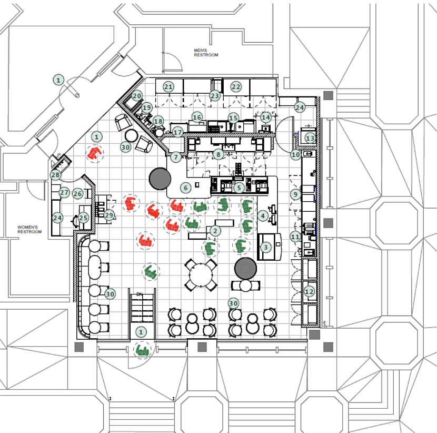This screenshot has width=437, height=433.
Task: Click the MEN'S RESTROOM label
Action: pyautogui.click(x=205, y=52)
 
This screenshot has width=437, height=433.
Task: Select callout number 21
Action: pyautogui.click(x=168, y=87)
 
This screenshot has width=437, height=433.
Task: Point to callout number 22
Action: pyautogui.click(x=236, y=87)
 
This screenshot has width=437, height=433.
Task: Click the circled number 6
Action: pyautogui.click(x=185, y=187)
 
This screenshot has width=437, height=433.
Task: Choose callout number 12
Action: pyautogui.click(x=309, y=291)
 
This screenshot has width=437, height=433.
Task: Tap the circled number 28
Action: pyautogui.click(x=55, y=175)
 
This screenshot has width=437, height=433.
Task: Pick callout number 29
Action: pyautogui.click(x=109, y=215)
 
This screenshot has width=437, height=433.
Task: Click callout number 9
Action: pyautogui.click(x=295, y=194)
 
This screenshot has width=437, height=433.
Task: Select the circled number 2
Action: pyautogui.click(x=214, y=230)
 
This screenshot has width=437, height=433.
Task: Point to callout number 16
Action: pyautogui.click(x=197, y=117)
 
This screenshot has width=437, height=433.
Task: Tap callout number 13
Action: pyautogui.click(x=310, y=139)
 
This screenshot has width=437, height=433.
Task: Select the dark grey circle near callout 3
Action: pyautogui.click(x=245, y=269)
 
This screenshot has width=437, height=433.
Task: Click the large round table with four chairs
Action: pyautogui.click(x=201, y=275)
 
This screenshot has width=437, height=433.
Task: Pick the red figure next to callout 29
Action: pyautogui.click(x=130, y=203)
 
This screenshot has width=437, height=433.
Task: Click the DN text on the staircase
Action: pyautogui.click(x=140, y=294)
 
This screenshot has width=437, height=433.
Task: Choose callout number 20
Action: pyautogui.click(x=137, y=96)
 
